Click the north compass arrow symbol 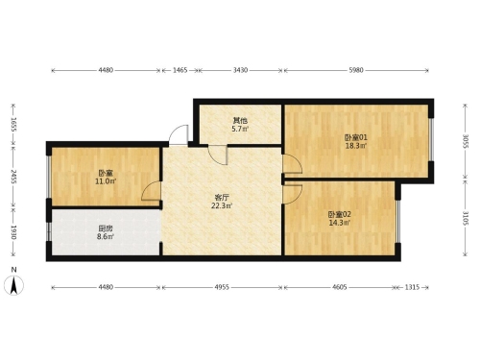13,285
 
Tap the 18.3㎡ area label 356,146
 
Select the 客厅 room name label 222,198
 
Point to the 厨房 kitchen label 106,228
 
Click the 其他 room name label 240,121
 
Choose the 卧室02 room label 339,214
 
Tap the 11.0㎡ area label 106,181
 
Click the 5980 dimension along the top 356,70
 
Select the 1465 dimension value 180,70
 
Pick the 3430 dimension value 240,70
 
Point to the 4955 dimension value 222,287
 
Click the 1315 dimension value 412,287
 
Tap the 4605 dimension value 339,287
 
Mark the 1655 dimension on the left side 13,125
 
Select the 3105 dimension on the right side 466,218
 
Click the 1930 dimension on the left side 13,232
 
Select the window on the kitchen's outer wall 49,231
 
